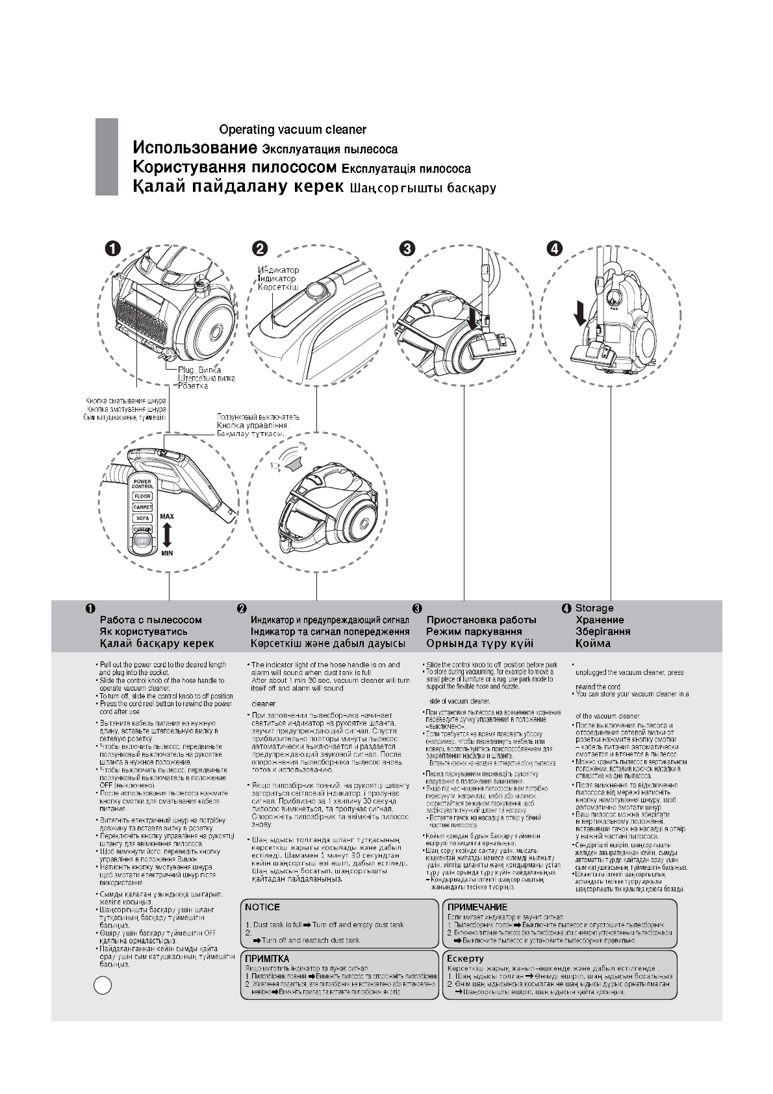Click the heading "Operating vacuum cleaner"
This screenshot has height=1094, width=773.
(292, 130)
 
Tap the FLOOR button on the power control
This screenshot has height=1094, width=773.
(142, 496)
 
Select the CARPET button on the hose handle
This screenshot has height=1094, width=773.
(142, 507)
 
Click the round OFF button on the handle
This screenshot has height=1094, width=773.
(142, 541)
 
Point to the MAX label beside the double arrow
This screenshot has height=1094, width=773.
(166, 517)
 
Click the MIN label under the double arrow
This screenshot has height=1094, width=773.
(167, 553)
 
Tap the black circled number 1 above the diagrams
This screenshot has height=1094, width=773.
(112, 249)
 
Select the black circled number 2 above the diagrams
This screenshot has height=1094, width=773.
(259, 249)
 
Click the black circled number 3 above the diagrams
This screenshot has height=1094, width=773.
(407, 249)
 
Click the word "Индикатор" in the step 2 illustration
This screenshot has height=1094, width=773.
(278, 270)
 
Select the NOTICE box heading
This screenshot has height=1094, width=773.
(262, 907)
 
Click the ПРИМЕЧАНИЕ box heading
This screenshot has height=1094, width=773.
(477, 907)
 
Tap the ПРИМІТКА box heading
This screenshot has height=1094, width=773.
(267, 958)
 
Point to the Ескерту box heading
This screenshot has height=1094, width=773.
(466, 958)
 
